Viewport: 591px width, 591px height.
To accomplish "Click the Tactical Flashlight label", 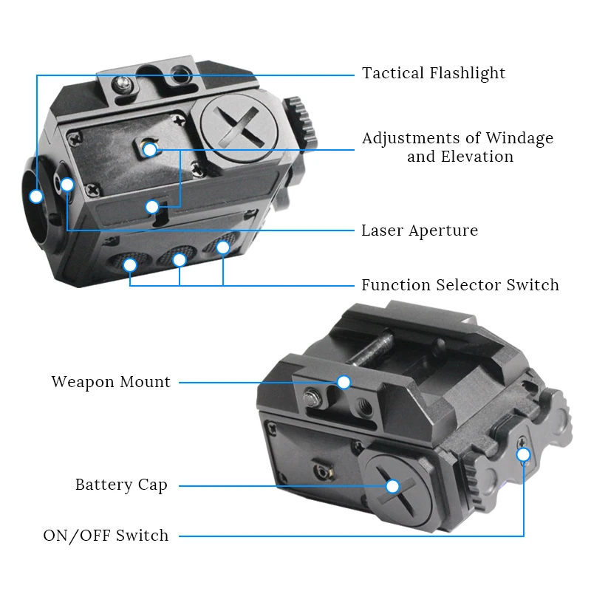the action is coord(434,73).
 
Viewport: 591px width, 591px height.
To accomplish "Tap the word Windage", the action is coord(519,139).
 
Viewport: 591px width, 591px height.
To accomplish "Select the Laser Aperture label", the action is coord(420,230).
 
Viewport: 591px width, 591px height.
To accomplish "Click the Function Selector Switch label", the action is coord(460,285).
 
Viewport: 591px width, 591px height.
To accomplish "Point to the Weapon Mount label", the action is coord(112,382).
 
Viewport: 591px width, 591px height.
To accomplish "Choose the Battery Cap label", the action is coord(121,485).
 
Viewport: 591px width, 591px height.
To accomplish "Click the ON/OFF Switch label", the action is coord(106,536).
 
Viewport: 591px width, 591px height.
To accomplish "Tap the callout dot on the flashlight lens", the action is coord(36,197).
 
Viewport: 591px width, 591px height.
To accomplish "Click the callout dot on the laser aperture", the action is coord(67,185).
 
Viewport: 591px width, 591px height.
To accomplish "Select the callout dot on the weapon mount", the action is coord(344,382).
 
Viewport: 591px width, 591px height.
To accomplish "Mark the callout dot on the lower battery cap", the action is coord(392,486).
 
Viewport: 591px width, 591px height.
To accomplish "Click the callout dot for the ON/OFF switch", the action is coord(523,455).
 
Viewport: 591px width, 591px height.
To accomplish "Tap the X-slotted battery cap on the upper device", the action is coord(239,128).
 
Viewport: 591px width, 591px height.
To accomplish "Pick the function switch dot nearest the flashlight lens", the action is coord(130,265).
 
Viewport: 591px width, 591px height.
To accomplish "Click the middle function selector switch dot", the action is coord(180,260).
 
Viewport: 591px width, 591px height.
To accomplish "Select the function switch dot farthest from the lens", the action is coord(223,247).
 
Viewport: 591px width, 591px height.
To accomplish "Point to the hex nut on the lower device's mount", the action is coord(312,398).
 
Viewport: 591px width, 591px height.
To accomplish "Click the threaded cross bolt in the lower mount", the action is coord(372,346).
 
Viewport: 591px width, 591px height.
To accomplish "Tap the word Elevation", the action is coord(477,157).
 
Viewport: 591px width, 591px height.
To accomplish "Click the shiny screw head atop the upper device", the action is coord(123,83).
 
